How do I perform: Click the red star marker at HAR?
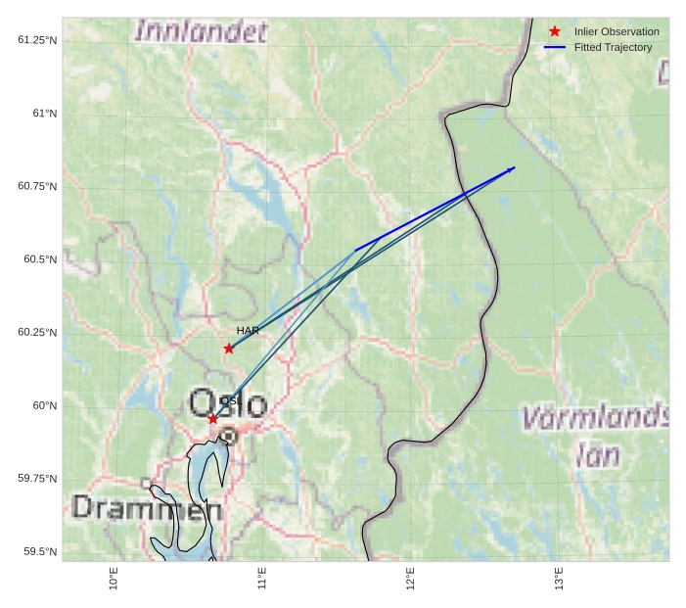229,349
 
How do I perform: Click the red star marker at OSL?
213,419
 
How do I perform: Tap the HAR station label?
248,331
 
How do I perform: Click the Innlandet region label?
201,32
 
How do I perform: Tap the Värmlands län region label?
594,436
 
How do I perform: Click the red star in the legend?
555,32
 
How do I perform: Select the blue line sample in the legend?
555,47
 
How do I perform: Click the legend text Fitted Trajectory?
613,47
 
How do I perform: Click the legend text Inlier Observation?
617,32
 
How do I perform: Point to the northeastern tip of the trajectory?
515,168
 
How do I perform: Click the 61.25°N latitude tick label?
37,39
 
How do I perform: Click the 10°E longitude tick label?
114,579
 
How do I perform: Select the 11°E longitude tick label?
262,579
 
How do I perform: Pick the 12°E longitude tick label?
411,579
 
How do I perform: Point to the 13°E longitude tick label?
560,579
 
